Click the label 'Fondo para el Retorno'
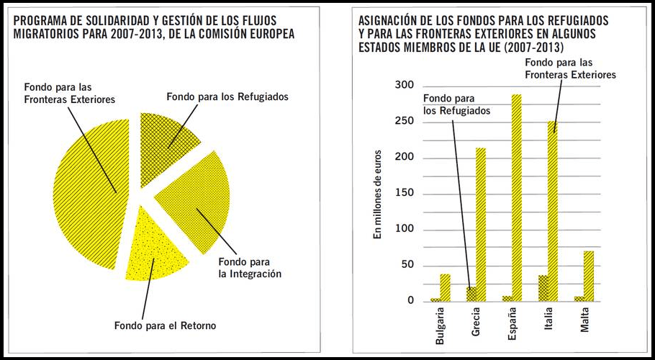tap(165, 325)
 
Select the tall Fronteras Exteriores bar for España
tap(516, 197)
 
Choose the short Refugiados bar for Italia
tap(543, 288)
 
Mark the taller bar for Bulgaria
tap(445, 287)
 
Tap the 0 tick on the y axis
tap(410, 301)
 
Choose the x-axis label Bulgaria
tap(441, 328)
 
